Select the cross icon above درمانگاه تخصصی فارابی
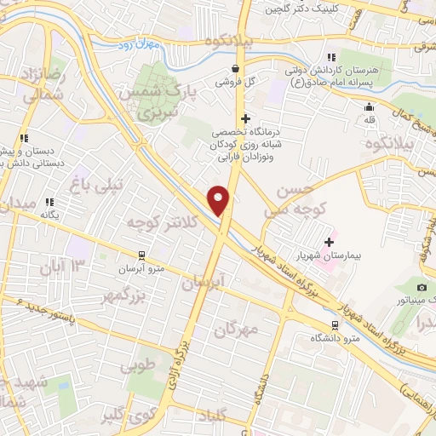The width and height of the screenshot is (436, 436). pos(246,119)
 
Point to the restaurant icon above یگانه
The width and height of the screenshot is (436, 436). pos(49,203)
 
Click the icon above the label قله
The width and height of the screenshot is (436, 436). pos(369,107)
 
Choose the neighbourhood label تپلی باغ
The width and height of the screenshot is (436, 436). pos(107,183)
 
